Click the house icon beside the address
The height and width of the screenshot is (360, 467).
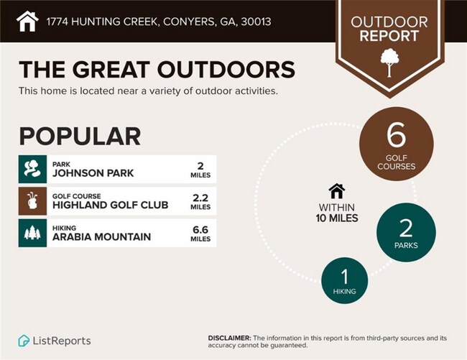click(27, 21)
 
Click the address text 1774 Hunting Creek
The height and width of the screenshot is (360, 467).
click(159, 22)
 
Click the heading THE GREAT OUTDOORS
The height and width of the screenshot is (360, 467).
click(157, 70)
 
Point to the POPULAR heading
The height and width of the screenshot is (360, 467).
click(79, 136)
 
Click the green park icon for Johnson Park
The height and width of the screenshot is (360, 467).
click(32, 169)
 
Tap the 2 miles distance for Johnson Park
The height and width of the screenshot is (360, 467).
click(200, 169)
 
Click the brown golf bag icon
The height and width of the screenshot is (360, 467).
click(32, 201)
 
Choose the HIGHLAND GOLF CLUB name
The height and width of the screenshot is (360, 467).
click(110, 206)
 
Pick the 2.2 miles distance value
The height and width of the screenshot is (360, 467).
click(200, 201)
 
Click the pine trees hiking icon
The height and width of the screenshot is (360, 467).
click(32, 234)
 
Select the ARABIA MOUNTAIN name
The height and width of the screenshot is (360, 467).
click(101, 237)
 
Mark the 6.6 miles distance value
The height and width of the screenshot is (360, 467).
click(200, 234)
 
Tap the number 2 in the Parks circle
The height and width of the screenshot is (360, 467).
click(405, 229)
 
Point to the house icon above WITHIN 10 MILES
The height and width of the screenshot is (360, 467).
click(336, 190)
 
